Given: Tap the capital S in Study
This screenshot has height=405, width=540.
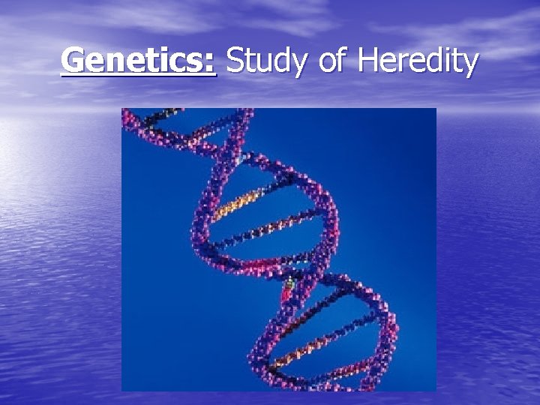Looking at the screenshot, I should click(x=235, y=60).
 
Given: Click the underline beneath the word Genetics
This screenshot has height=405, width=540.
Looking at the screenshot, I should click(x=139, y=75).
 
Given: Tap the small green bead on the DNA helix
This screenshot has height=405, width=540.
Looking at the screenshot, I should click(x=290, y=283).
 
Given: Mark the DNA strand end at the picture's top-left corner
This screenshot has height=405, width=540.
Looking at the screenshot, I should click(x=129, y=115).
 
